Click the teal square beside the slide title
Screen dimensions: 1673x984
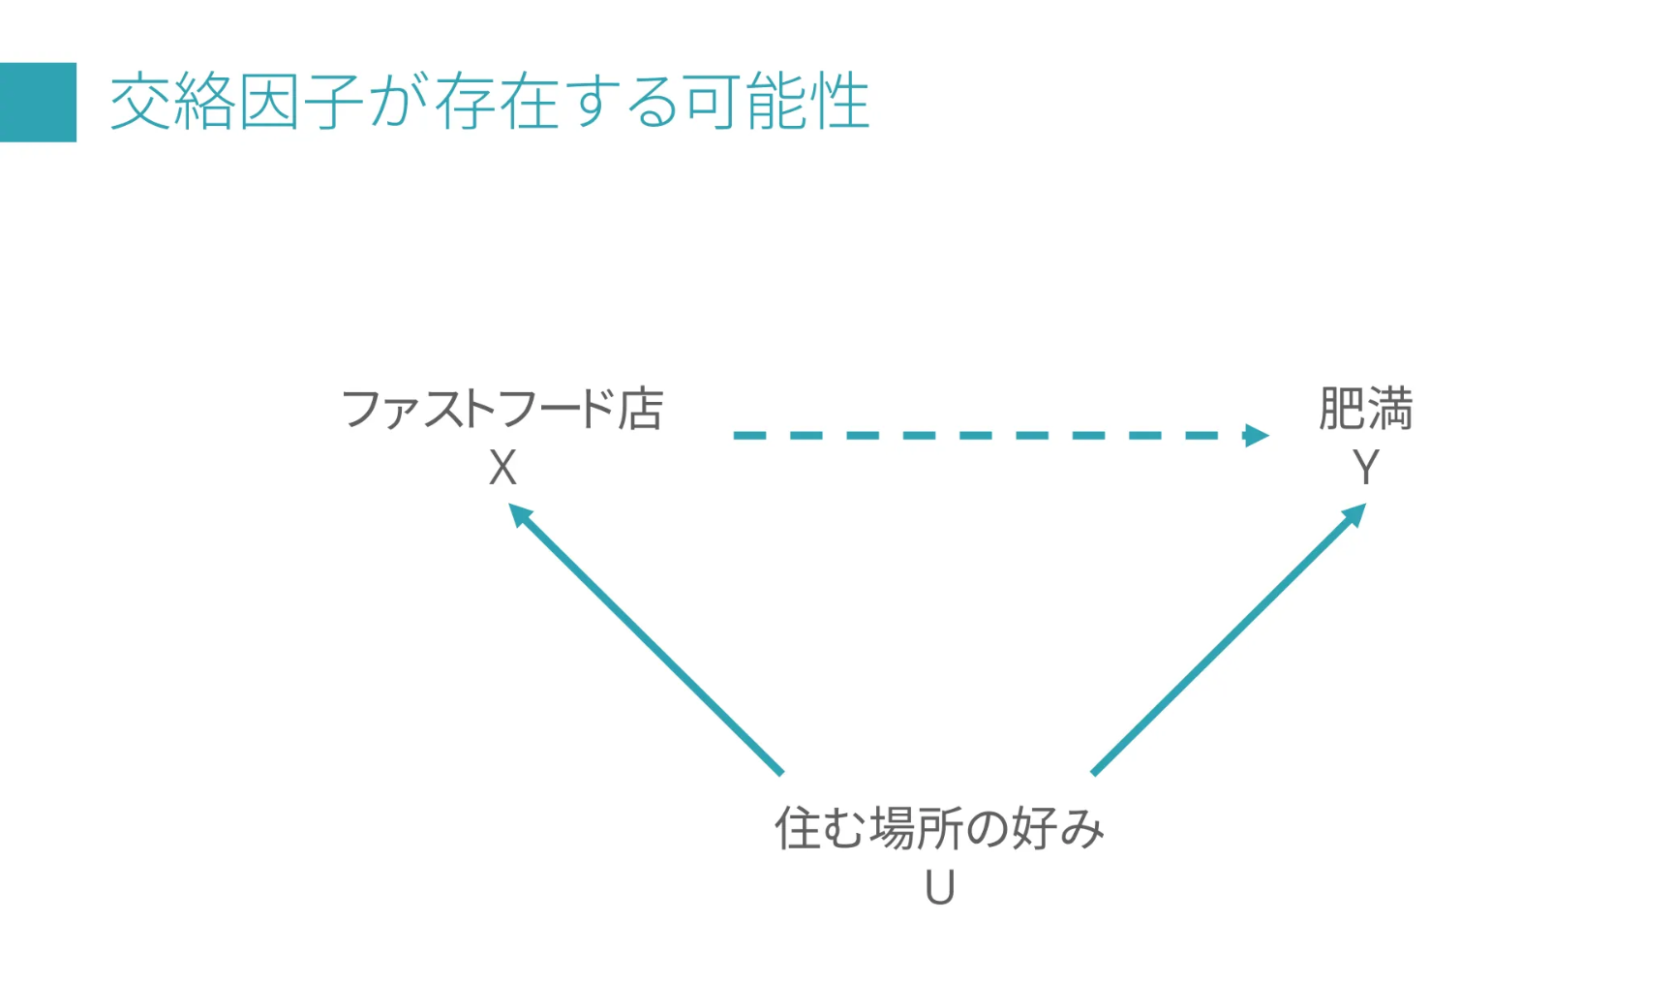point(38,102)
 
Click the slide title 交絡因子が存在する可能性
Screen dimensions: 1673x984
point(489,102)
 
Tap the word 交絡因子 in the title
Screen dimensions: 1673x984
point(236,102)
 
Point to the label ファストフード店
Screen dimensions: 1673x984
point(502,409)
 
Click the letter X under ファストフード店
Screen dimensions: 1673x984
point(502,469)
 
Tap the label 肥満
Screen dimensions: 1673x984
point(1365,409)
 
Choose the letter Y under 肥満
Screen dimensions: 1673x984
point(1365,469)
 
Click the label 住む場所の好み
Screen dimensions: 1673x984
point(939,829)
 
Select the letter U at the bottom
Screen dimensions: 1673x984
point(939,888)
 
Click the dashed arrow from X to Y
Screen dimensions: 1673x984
point(988,436)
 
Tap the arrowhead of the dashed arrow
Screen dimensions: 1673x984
point(1257,436)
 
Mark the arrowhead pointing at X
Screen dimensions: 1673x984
point(520,514)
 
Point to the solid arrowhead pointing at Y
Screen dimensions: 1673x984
point(1354,514)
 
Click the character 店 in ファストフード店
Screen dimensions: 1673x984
point(641,409)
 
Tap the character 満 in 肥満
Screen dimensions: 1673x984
point(1390,409)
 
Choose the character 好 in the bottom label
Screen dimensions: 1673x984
point(1034,829)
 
